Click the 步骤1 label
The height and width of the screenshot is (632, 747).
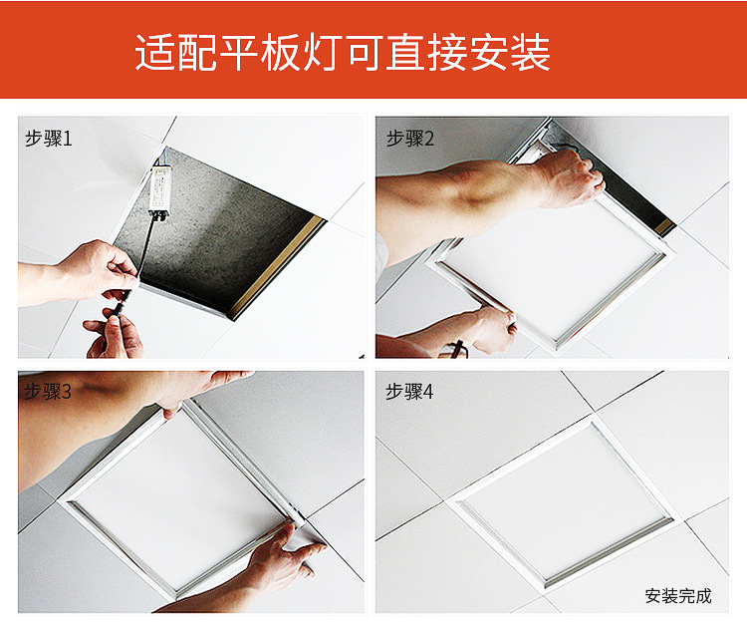click(x=48, y=139)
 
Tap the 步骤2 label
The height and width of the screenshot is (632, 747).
click(x=409, y=139)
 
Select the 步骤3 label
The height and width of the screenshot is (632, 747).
click(x=47, y=392)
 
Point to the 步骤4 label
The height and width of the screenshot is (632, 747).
click(x=409, y=392)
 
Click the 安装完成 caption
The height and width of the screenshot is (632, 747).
click(x=678, y=596)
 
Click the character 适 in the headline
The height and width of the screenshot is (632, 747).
click(x=155, y=53)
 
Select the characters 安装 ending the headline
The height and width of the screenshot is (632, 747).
click(x=510, y=53)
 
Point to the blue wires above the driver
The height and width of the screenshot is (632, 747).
click(x=161, y=157)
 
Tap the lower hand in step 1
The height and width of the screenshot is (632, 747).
click(x=115, y=333)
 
